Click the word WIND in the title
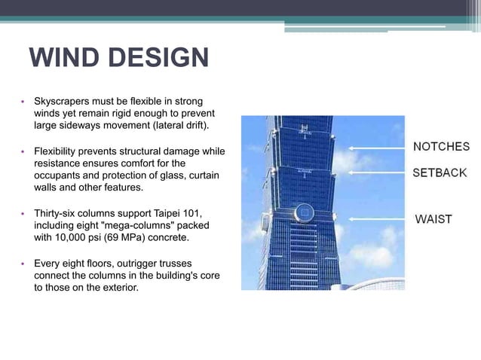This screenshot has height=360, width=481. click(x=61, y=58)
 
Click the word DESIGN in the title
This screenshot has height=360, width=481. click(x=155, y=58)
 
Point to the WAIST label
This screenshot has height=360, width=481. click(x=434, y=219)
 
